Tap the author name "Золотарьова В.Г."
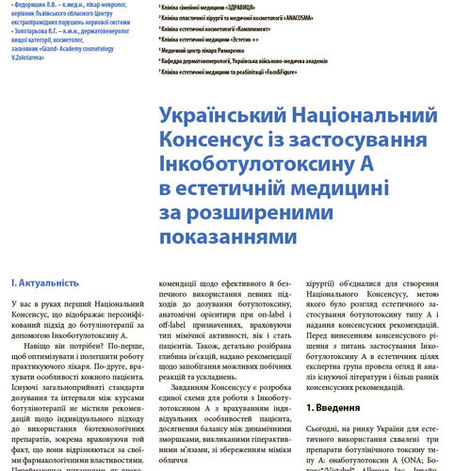[x=34, y=29]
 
